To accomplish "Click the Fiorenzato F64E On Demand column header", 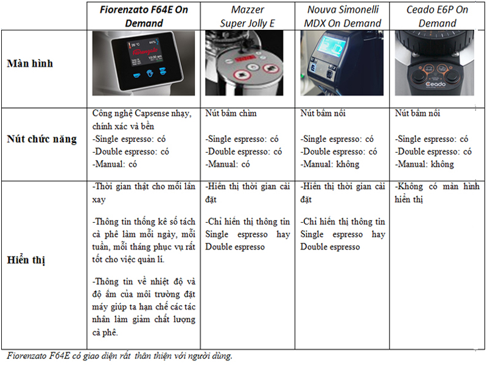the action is (144, 16).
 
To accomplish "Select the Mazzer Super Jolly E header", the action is (248, 16).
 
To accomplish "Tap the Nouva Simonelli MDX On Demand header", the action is (343, 16).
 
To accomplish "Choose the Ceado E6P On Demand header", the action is (437, 16).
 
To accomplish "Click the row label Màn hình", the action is (30, 64).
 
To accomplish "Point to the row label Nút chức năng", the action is (41, 139).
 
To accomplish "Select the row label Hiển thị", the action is (26, 260).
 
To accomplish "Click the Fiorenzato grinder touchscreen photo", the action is (144, 63).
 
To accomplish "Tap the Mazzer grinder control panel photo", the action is (244, 63).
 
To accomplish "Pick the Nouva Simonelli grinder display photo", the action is (342, 63).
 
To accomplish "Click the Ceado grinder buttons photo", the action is (435, 63).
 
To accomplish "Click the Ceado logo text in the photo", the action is (435, 84).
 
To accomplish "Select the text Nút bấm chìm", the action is (231, 113).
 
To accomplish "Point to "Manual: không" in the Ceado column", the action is (424, 164).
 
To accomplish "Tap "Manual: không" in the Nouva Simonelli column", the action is (330, 164).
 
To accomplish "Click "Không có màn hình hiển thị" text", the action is (437, 193).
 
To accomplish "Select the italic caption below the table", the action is (119, 356).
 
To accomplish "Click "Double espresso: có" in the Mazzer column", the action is (243, 151).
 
